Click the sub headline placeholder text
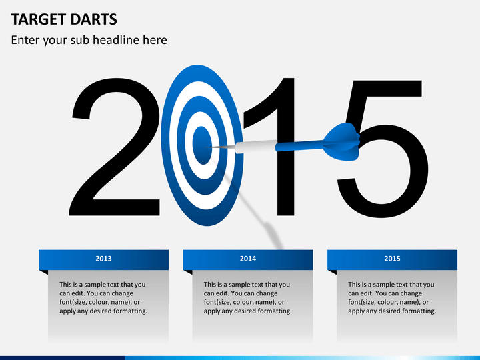89,40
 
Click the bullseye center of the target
201,143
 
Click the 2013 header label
103,259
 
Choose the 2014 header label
247,259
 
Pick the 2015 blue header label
392,259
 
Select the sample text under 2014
247,297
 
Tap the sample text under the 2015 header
392,297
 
